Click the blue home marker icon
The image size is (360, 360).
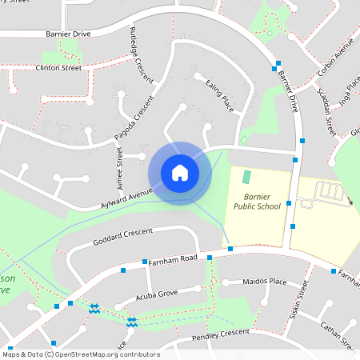(x=179, y=172)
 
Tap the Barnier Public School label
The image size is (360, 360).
(x=257, y=200)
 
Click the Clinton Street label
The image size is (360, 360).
(x=58, y=69)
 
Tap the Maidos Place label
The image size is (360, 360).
(x=265, y=282)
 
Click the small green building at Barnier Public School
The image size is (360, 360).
(x=246, y=176)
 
